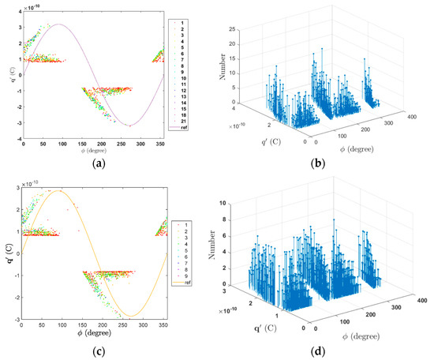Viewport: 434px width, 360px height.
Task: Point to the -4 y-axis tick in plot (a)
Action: pyautogui.click(x=18, y=138)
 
